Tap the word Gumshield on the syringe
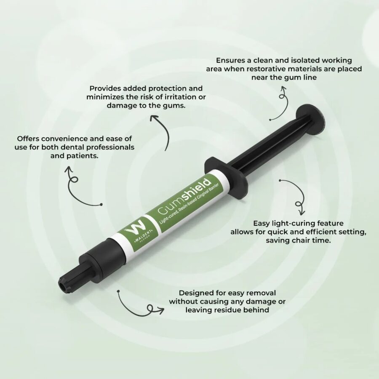click(183, 197)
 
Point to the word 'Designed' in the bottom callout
click(195, 293)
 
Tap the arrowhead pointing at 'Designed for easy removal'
click(161, 310)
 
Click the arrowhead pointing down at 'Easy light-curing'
click(302, 212)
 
